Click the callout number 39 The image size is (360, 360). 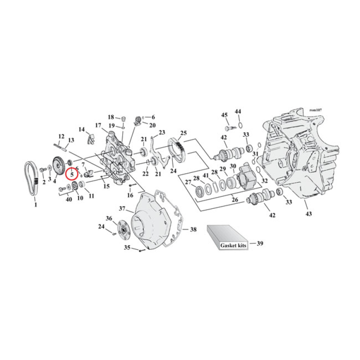click(x=260, y=243)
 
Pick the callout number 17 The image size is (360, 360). click(x=98, y=125)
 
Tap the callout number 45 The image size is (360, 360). click(x=224, y=115)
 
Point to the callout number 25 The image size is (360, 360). click(x=183, y=133)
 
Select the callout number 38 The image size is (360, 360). click(x=193, y=229)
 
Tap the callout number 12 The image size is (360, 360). click(x=62, y=136)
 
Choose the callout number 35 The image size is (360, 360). click(x=127, y=247)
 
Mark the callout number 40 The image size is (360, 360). click(x=68, y=199)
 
